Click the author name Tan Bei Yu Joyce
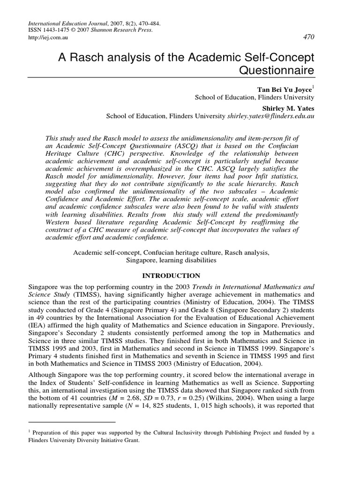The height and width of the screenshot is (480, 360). coord(283,89)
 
